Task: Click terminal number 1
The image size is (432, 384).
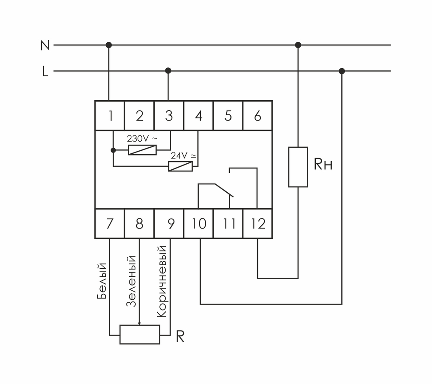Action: point(110,116)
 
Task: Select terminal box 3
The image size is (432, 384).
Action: point(169,116)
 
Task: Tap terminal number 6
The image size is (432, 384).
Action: point(257,116)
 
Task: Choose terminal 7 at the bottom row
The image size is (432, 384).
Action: point(110,224)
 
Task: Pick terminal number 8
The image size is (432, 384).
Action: point(140,224)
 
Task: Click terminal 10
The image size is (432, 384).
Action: point(199,224)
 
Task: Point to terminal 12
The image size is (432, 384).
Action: point(257,224)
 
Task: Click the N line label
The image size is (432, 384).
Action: point(45,45)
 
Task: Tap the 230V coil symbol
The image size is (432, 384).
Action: point(142,150)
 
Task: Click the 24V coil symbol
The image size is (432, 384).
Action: point(180,166)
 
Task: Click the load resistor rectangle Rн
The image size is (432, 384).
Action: point(298,167)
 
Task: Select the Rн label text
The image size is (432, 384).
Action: point(323,165)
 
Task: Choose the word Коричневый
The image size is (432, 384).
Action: point(161,282)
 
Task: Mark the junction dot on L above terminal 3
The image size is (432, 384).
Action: point(168,71)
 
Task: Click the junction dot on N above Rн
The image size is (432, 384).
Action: point(298,45)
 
